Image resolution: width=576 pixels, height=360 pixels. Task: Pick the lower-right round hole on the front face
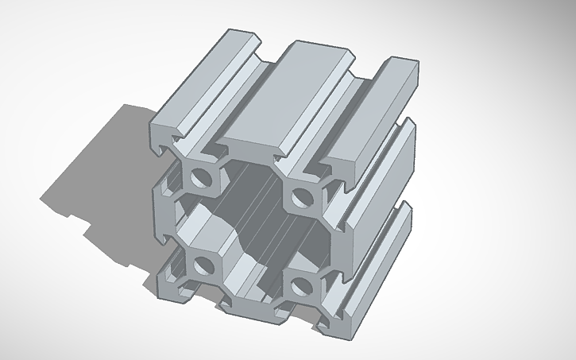click(x=298, y=284)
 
